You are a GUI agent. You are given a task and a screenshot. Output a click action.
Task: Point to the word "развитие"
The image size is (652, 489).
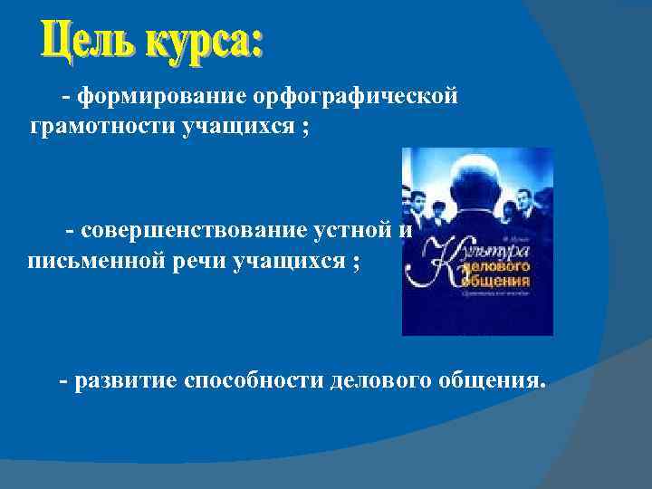[127, 379]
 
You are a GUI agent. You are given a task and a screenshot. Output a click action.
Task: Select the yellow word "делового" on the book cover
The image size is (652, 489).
[494, 268]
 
